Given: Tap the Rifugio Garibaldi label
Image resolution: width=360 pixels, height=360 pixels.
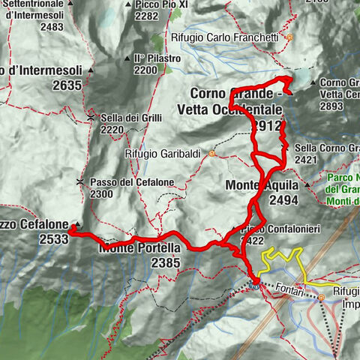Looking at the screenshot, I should point(165,154).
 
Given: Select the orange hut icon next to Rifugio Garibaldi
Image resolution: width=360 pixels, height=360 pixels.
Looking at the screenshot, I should point(213,154).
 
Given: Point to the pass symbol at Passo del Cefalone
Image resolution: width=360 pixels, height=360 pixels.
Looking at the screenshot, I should point(79,182).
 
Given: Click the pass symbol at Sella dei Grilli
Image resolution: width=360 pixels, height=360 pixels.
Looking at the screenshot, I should point(90,118).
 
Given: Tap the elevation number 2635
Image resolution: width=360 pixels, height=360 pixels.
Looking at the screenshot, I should point(67,85).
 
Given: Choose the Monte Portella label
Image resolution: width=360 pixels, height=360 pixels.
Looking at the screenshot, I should point(140,247).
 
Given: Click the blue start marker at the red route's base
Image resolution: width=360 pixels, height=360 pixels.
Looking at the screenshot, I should point(255,283).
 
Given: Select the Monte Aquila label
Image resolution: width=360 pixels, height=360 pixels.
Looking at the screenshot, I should point(261,185).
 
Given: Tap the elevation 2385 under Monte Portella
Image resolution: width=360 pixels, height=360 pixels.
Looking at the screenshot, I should point(165,262).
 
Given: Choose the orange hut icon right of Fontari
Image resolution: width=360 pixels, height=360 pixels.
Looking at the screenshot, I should point(321,297).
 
